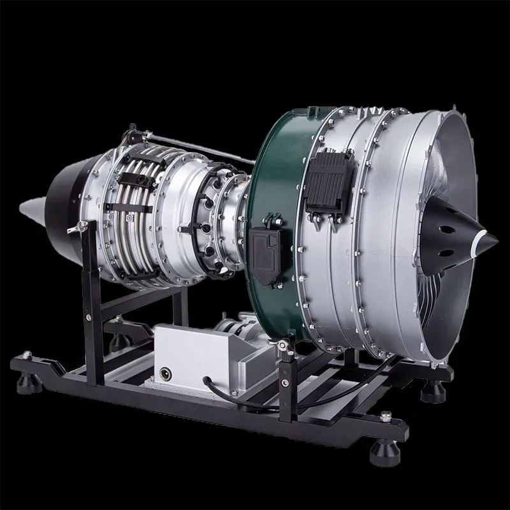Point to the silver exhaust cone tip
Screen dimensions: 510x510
[32, 210]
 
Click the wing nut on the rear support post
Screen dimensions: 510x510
[81, 226]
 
